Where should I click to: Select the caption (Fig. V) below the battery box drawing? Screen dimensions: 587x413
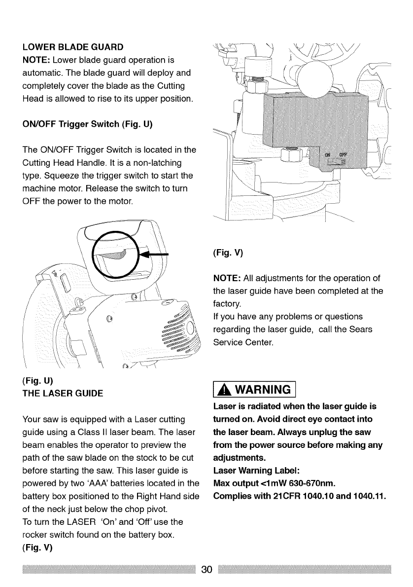[x=227, y=254]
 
